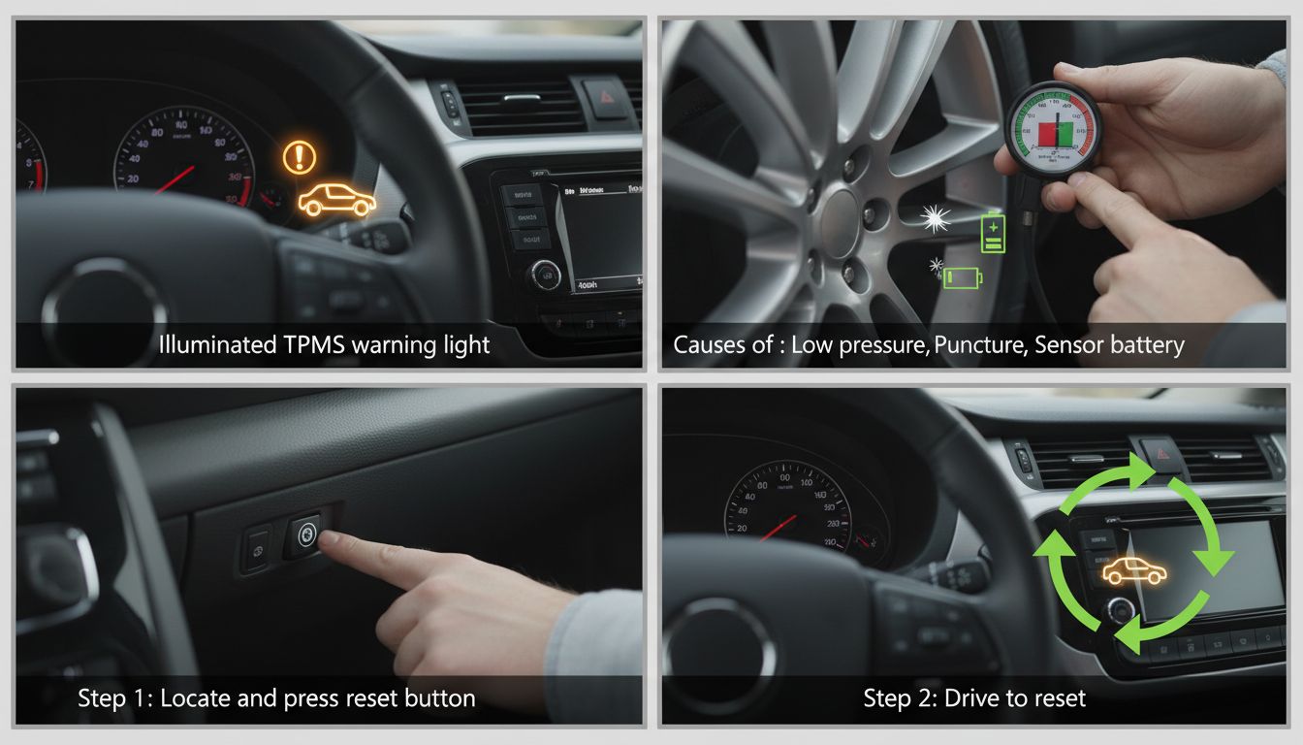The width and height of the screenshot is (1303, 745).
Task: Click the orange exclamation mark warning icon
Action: pyautogui.click(x=300, y=157)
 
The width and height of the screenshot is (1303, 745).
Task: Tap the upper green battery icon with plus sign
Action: pyautogui.click(x=994, y=233)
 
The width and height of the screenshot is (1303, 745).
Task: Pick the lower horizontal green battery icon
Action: pyautogui.click(x=963, y=278)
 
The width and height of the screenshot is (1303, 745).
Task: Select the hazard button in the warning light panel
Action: pyautogui.click(x=606, y=98)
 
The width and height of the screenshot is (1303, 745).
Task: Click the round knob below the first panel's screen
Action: pyautogui.click(x=544, y=275)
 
